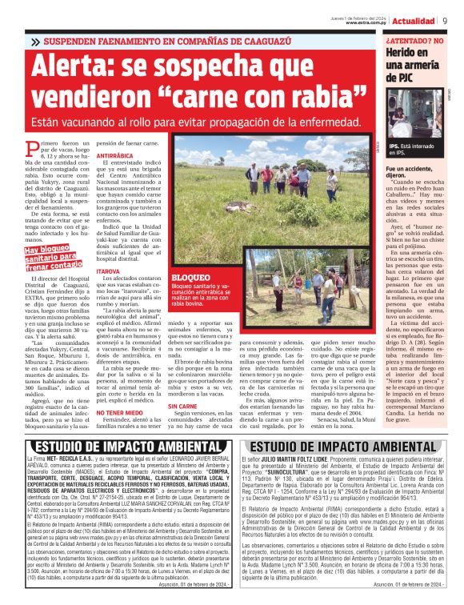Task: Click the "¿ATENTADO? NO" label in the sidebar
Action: (414, 39)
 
